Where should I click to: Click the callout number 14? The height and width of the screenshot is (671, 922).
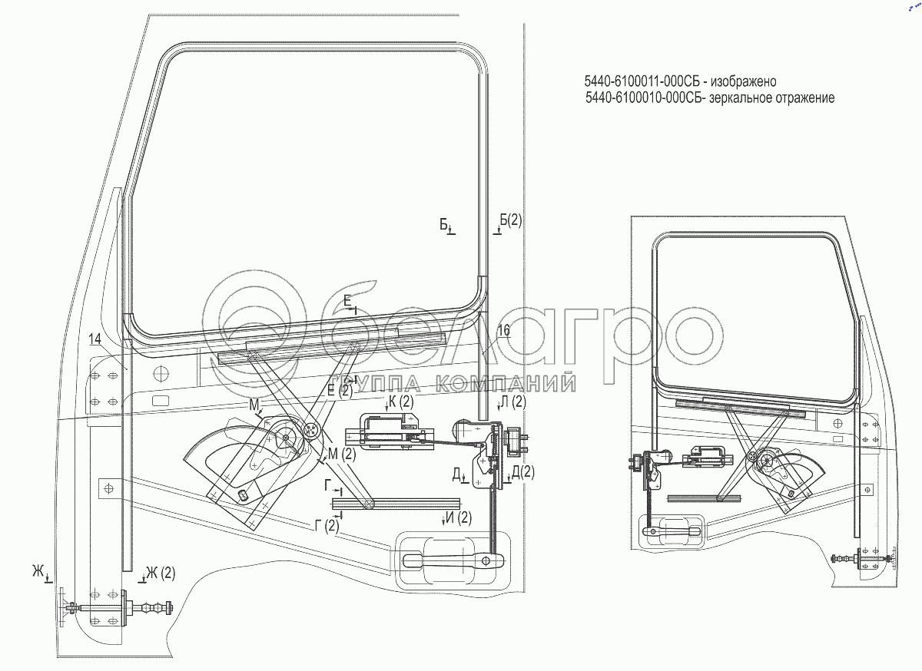click(95, 339)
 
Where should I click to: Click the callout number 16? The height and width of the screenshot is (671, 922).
click(503, 330)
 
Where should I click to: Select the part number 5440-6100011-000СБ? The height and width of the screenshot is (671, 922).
click(642, 82)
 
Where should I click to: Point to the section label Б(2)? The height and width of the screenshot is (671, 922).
click(510, 220)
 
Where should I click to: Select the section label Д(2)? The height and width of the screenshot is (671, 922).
click(522, 472)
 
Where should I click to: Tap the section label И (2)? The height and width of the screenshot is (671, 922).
click(459, 517)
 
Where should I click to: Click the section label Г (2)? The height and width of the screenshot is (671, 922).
click(327, 526)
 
